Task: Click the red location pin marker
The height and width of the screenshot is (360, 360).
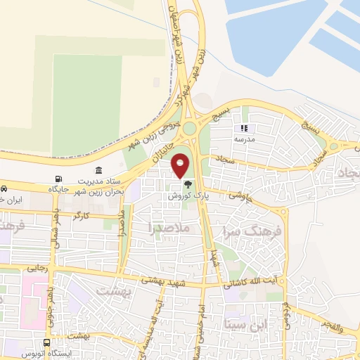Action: point(181,165)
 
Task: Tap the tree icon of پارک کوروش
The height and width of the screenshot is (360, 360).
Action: point(187,185)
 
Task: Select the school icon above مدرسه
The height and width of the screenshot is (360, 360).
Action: point(245,129)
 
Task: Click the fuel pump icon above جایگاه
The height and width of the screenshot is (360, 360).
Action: point(58,179)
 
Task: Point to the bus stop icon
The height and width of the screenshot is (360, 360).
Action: point(46,343)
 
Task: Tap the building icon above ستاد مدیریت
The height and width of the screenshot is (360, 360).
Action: point(98,170)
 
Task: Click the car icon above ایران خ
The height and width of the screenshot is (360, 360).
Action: point(4,189)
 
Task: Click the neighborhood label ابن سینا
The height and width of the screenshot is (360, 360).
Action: point(245,324)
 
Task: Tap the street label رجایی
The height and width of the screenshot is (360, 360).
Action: point(36,268)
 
